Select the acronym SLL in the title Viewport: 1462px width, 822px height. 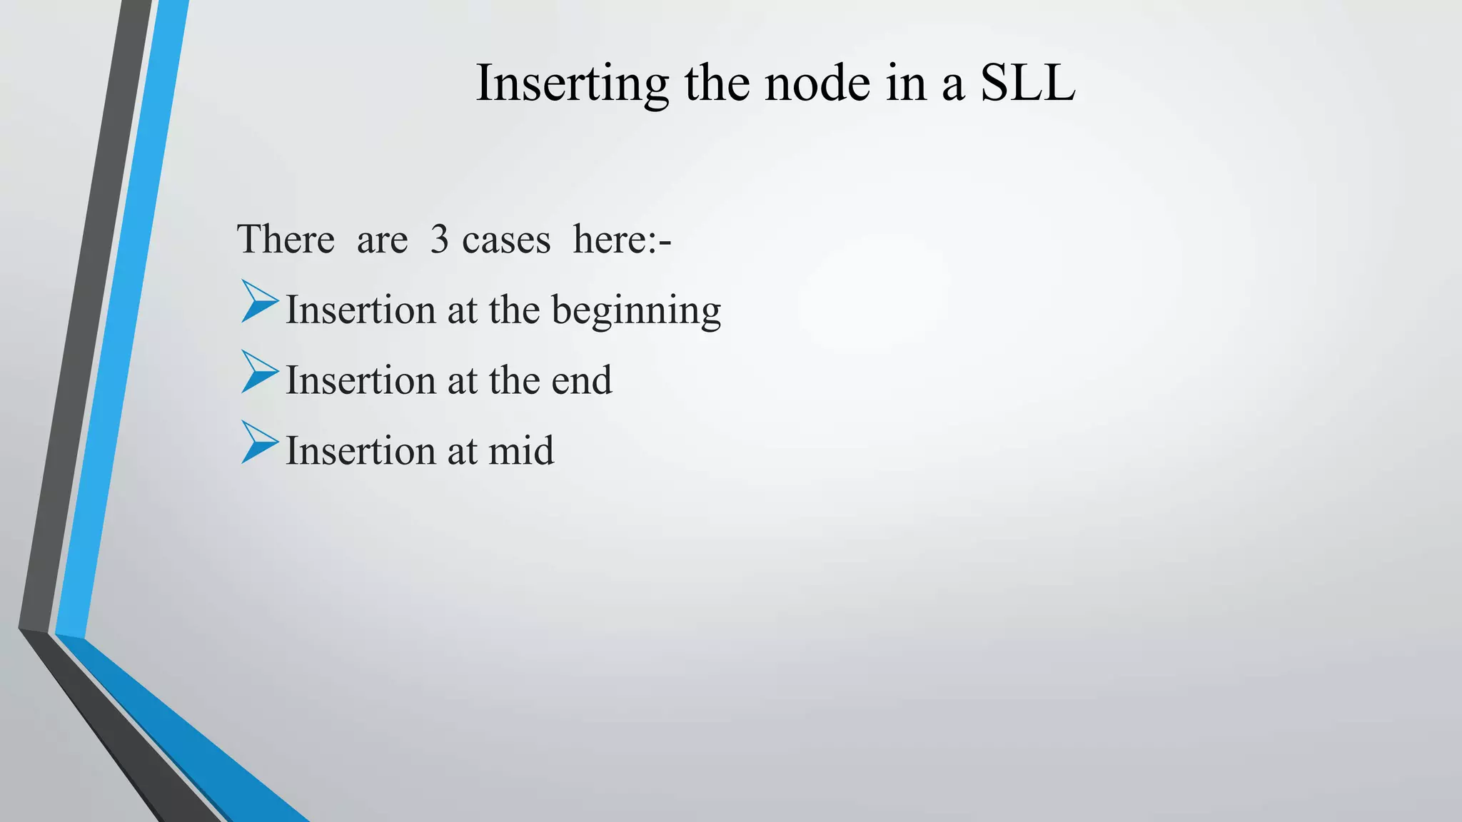(x=1027, y=83)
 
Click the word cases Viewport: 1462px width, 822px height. (x=506, y=240)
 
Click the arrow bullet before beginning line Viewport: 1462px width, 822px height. (x=258, y=301)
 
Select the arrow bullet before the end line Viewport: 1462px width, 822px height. (x=258, y=371)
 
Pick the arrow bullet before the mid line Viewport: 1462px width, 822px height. (x=258, y=442)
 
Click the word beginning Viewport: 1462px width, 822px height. (x=636, y=311)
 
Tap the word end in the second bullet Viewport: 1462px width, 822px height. (x=581, y=380)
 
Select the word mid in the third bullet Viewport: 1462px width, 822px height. (x=520, y=450)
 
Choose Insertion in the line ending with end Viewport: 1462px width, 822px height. (x=361, y=380)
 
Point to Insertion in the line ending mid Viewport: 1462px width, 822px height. (x=361, y=450)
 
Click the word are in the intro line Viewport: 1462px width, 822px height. (x=382, y=240)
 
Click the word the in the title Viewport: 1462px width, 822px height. (x=716, y=83)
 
